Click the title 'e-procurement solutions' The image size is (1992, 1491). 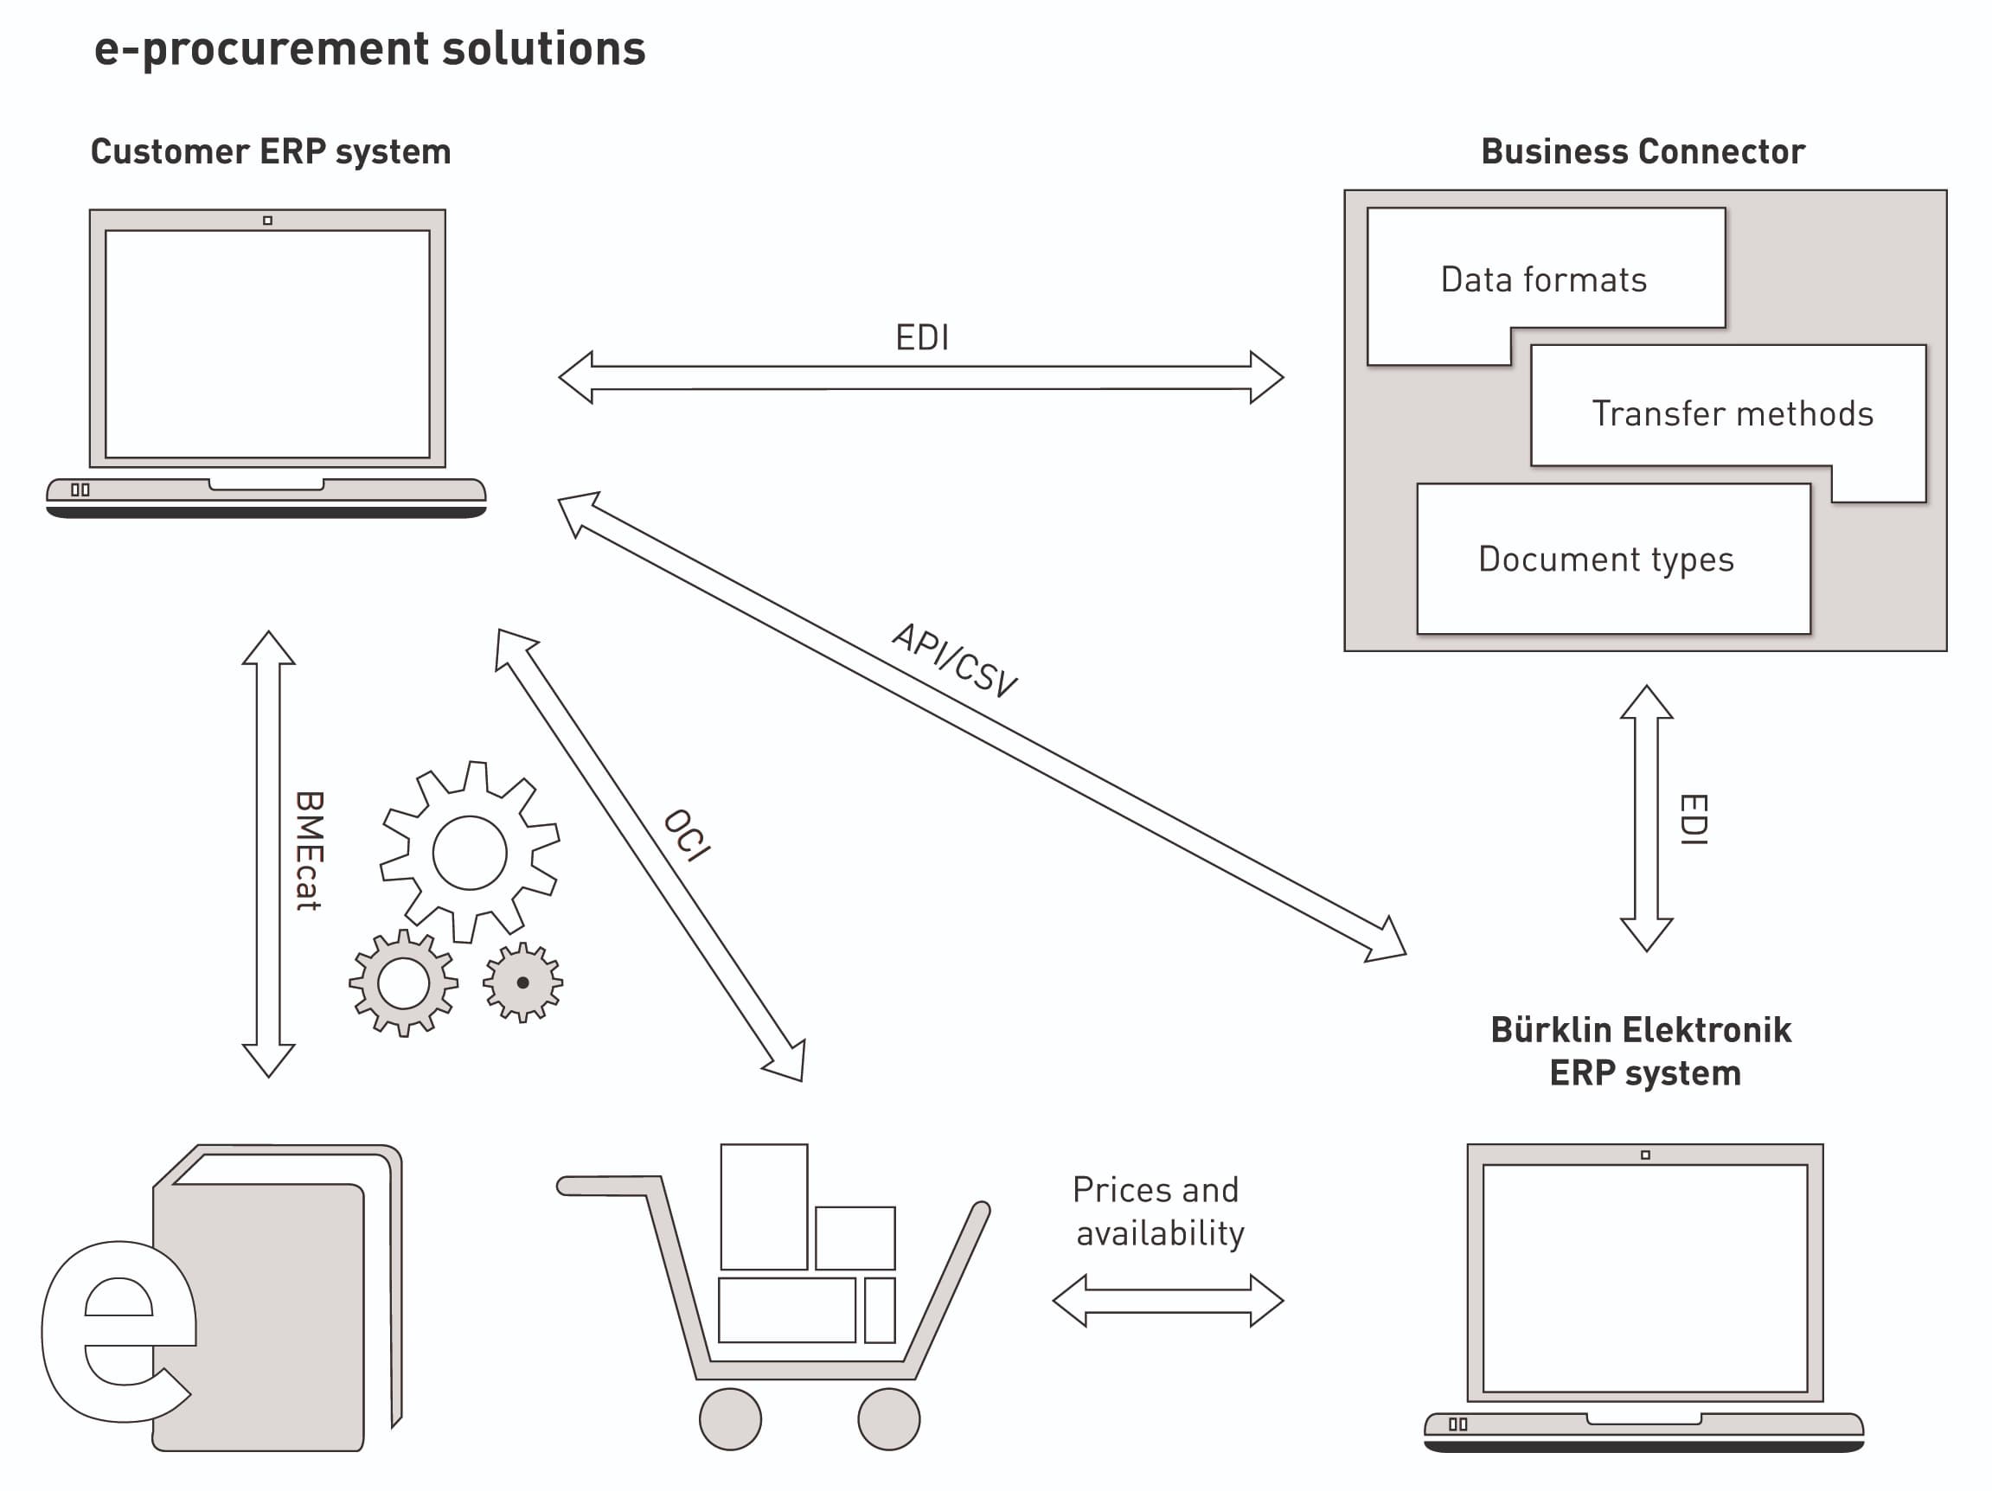pos(369,48)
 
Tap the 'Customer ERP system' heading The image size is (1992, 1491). pos(270,151)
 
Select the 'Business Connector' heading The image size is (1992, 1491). pos(1642,151)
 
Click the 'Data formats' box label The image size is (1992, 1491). pos(1544,279)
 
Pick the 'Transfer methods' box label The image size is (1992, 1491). pos(1732,413)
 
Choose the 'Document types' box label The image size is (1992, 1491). pos(1605,559)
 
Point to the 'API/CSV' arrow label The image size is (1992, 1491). pos(955,660)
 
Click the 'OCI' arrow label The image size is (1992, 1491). pos(687,835)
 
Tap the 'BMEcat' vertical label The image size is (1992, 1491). pos(309,850)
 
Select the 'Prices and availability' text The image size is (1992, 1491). pos(1158,1211)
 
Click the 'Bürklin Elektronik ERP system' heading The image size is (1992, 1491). pos(1641,1051)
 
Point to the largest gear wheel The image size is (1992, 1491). pos(469,852)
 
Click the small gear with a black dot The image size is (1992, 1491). pos(522,982)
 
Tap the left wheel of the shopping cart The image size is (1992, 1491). pos(729,1419)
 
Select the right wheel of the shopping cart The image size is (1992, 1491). pos(888,1419)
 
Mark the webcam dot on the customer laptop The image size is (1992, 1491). pos(267,221)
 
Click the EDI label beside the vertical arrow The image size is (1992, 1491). pos(1693,818)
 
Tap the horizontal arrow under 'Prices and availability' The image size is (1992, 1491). pos(1167,1300)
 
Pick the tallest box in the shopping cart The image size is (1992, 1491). pos(764,1206)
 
